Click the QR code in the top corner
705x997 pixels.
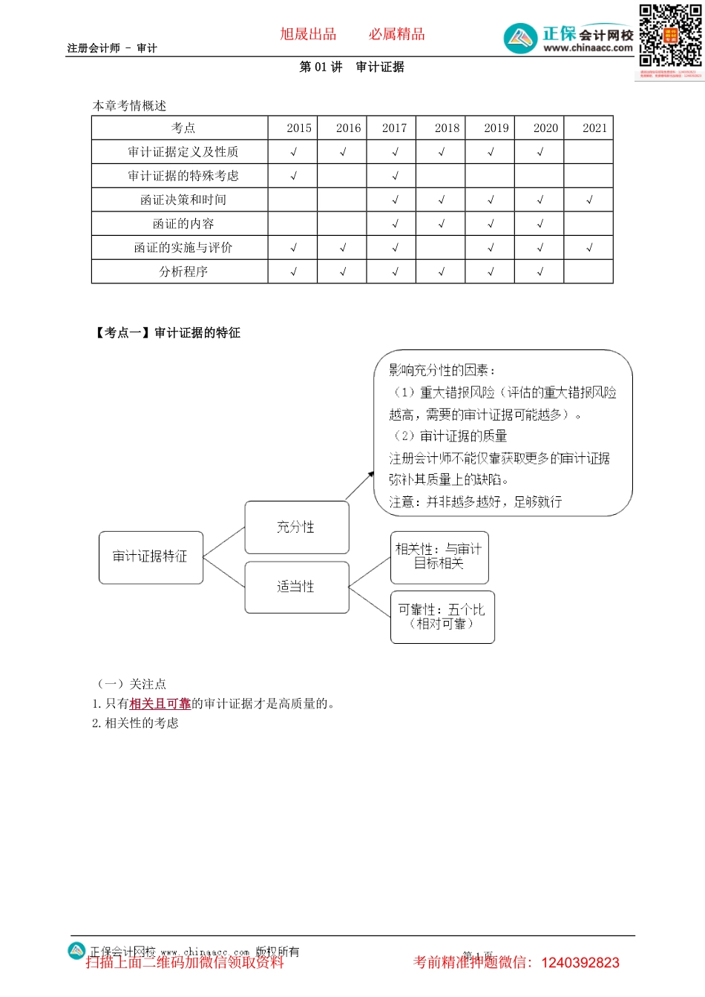tap(670, 36)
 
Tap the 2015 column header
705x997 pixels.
tap(299, 128)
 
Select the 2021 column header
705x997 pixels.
tap(594, 128)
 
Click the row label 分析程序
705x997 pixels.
tap(183, 272)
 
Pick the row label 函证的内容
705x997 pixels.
tap(183, 223)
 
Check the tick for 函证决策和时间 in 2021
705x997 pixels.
tap(589, 200)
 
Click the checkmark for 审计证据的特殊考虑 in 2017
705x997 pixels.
tap(395, 176)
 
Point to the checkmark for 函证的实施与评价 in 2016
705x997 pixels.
tap(343, 248)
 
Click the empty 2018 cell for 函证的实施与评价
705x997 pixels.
tap(441, 248)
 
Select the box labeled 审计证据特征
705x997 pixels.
tap(151, 557)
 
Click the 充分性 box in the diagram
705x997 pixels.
tap(296, 527)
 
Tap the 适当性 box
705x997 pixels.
tap(296, 587)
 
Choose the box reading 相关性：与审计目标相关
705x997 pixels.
tap(439, 556)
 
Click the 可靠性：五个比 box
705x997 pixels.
tap(442, 616)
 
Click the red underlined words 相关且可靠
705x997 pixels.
tap(160, 703)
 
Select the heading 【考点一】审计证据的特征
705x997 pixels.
tap(167, 332)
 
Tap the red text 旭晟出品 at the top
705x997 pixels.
tap(308, 34)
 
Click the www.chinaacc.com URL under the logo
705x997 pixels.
tap(588, 48)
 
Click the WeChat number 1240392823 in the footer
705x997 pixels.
tap(580, 963)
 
